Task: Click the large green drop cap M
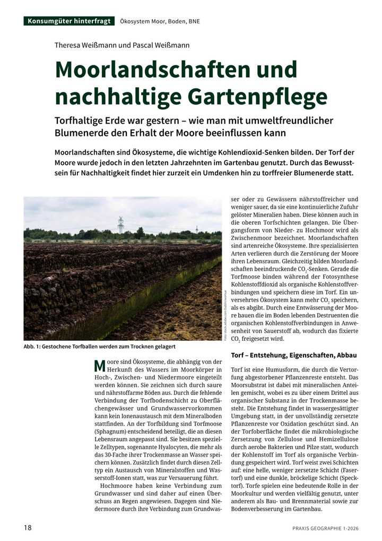(99, 365)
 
